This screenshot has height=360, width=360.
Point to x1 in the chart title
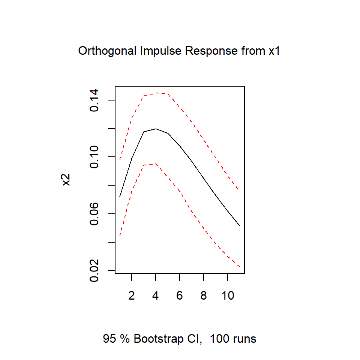(274, 51)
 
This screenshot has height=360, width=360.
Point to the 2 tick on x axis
(132, 295)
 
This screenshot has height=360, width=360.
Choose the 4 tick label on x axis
(156, 295)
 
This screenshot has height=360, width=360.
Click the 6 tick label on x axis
(180, 295)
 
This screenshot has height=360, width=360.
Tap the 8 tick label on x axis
(204, 295)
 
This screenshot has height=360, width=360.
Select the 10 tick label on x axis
(228, 295)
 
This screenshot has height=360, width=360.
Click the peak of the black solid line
(156, 129)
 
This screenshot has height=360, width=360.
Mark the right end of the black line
(240, 226)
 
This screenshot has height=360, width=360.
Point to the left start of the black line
(120, 196)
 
